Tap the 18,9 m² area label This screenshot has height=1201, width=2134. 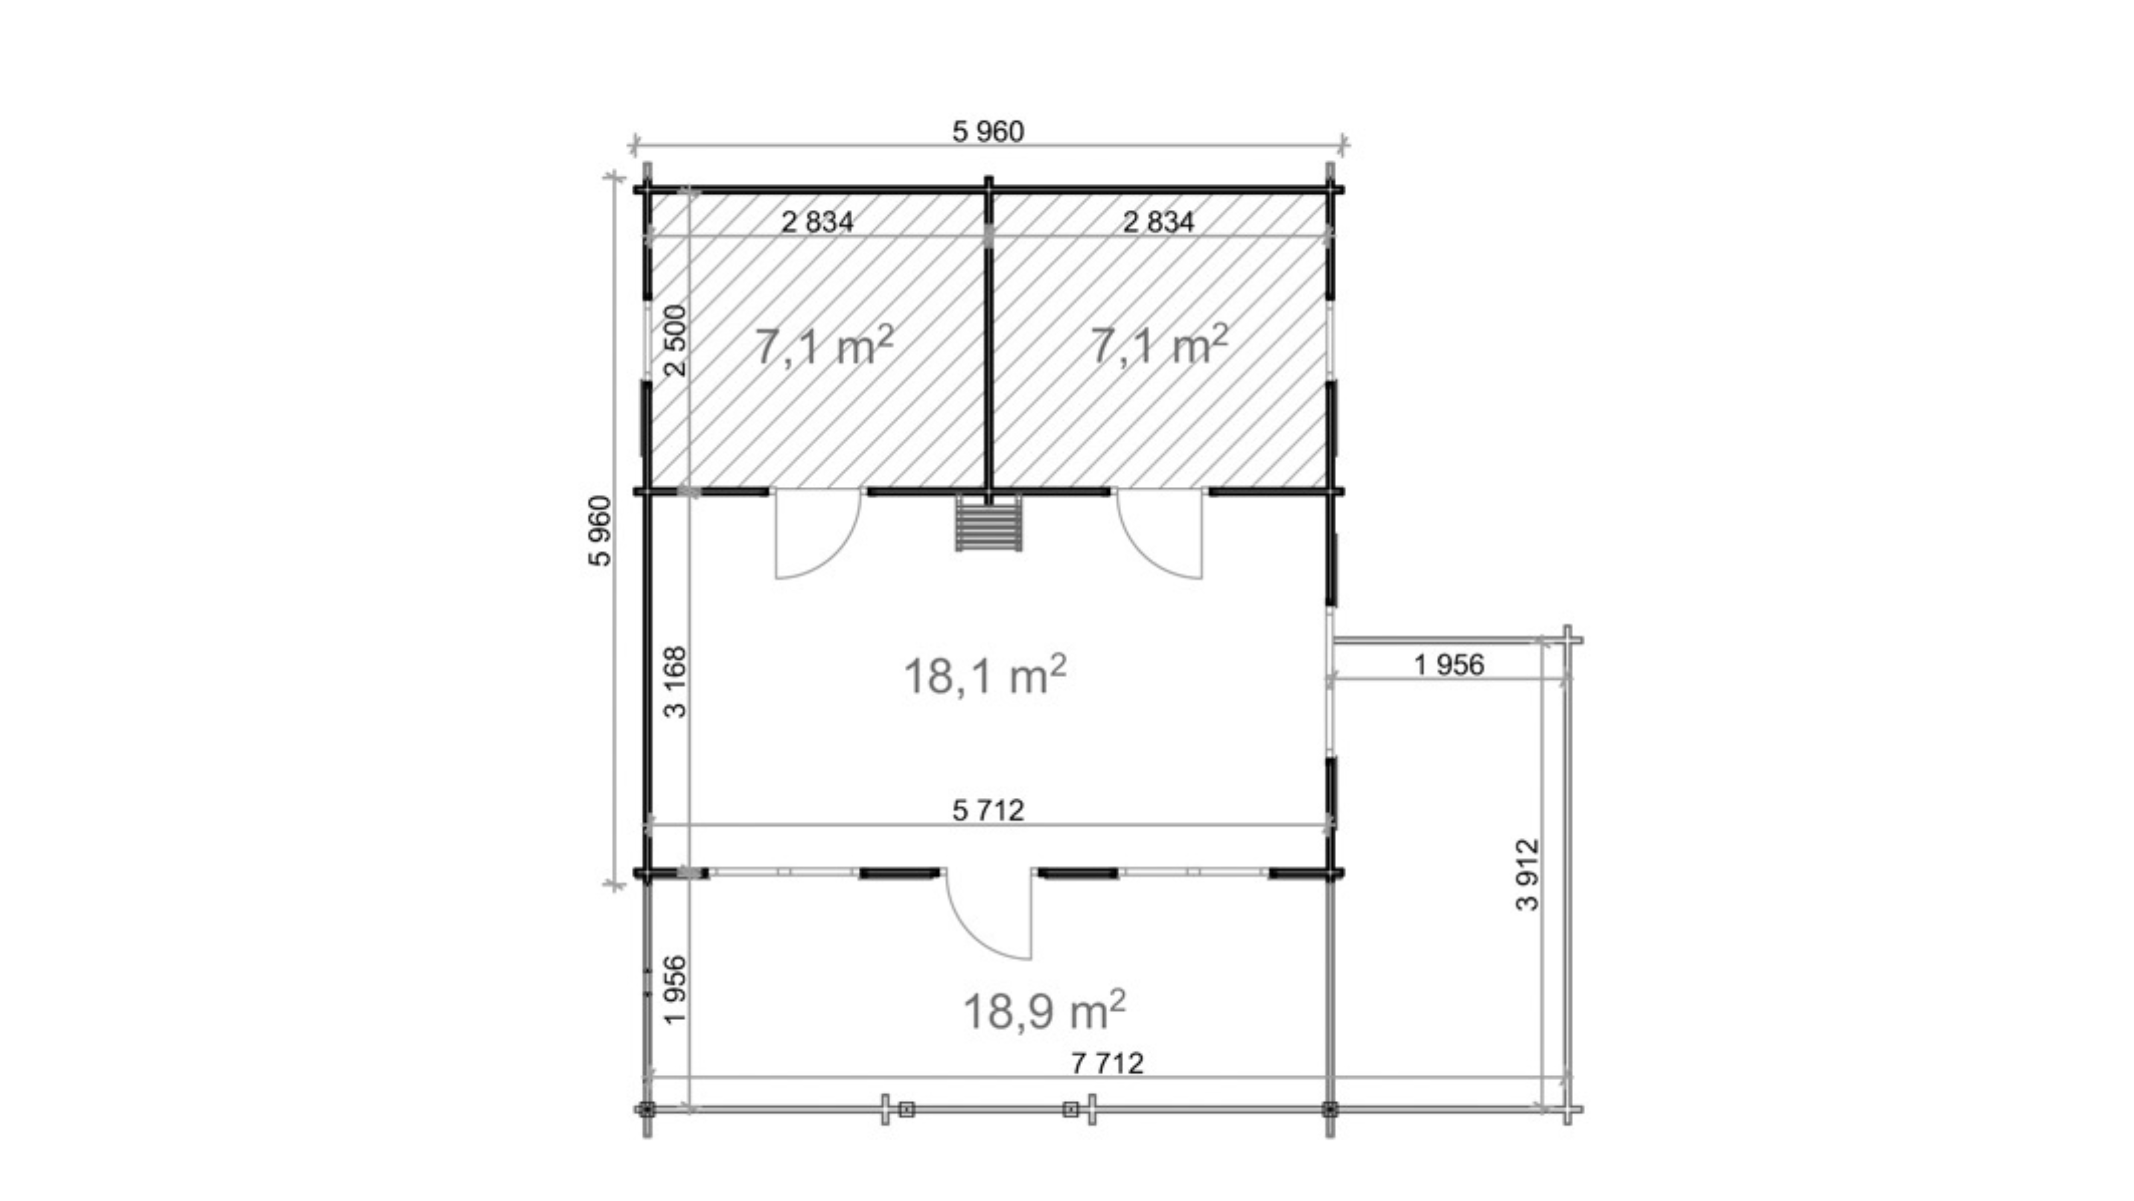click(x=1044, y=1010)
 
